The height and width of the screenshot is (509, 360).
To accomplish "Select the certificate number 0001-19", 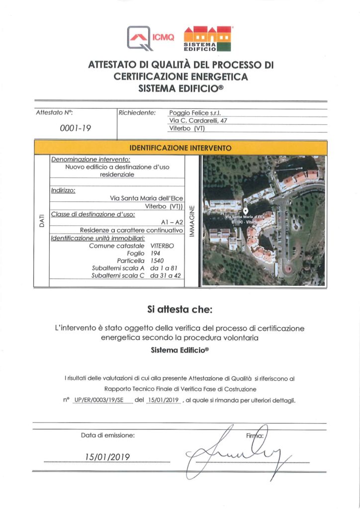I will (76, 128).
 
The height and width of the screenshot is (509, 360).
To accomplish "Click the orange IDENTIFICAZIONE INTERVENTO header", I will (180, 148).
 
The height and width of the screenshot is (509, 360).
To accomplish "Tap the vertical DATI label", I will (41, 220).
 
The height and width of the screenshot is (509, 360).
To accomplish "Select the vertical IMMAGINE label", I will (192, 220).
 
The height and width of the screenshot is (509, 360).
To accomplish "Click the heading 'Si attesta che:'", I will (180, 310).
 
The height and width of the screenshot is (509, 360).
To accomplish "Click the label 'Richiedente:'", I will (137, 113).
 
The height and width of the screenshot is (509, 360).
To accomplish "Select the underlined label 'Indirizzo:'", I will (63, 190).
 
